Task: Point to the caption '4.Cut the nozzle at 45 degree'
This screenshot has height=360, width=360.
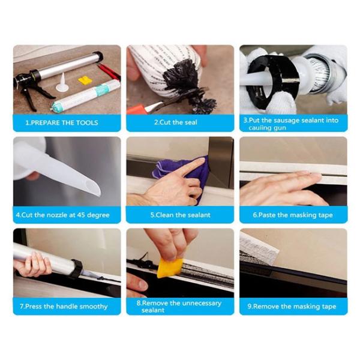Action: tap(66, 215)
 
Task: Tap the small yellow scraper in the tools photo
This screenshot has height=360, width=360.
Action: tap(85, 80)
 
